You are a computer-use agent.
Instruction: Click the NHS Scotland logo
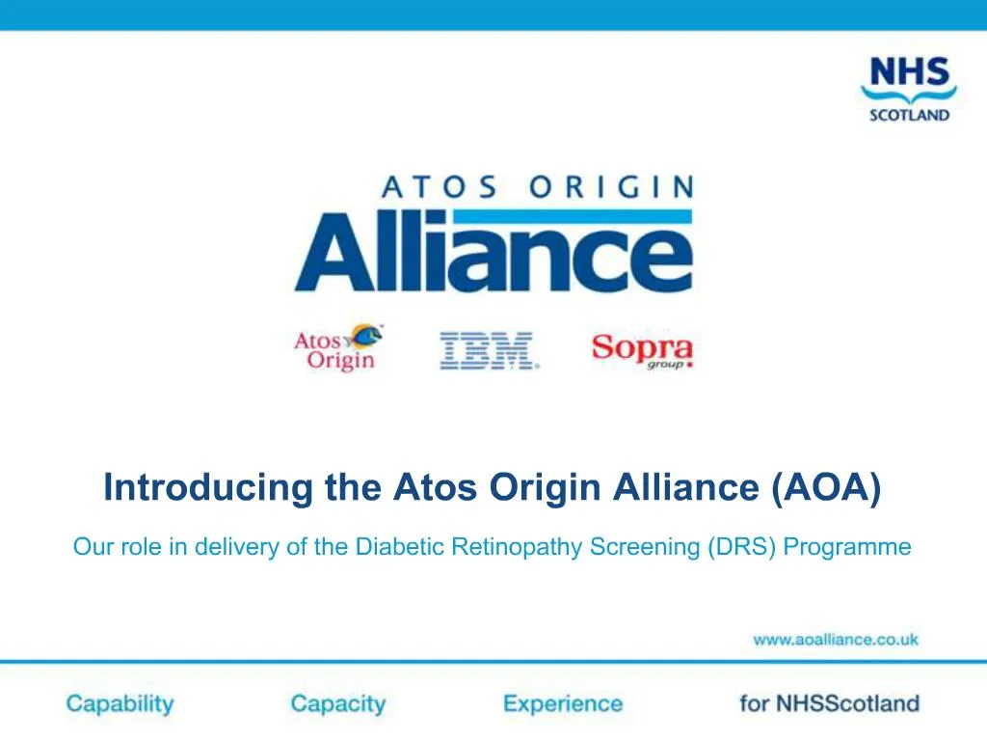(x=908, y=89)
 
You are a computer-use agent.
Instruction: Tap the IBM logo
(x=488, y=351)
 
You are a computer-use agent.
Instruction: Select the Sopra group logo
(x=642, y=351)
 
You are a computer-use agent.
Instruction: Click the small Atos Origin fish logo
(x=337, y=348)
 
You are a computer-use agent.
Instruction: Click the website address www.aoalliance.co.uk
(x=836, y=639)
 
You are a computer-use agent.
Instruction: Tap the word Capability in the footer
(x=120, y=703)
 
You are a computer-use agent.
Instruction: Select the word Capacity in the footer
(x=337, y=703)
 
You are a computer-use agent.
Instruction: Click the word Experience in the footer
(x=563, y=703)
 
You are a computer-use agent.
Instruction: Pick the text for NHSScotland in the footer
(x=829, y=703)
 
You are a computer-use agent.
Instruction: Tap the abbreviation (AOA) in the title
(x=826, y=487)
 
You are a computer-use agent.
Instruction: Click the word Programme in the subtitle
(x=847, y=547)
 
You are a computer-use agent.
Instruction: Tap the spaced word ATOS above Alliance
(x=440, y=185)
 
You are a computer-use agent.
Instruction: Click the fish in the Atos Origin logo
(x=366, y=336)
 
